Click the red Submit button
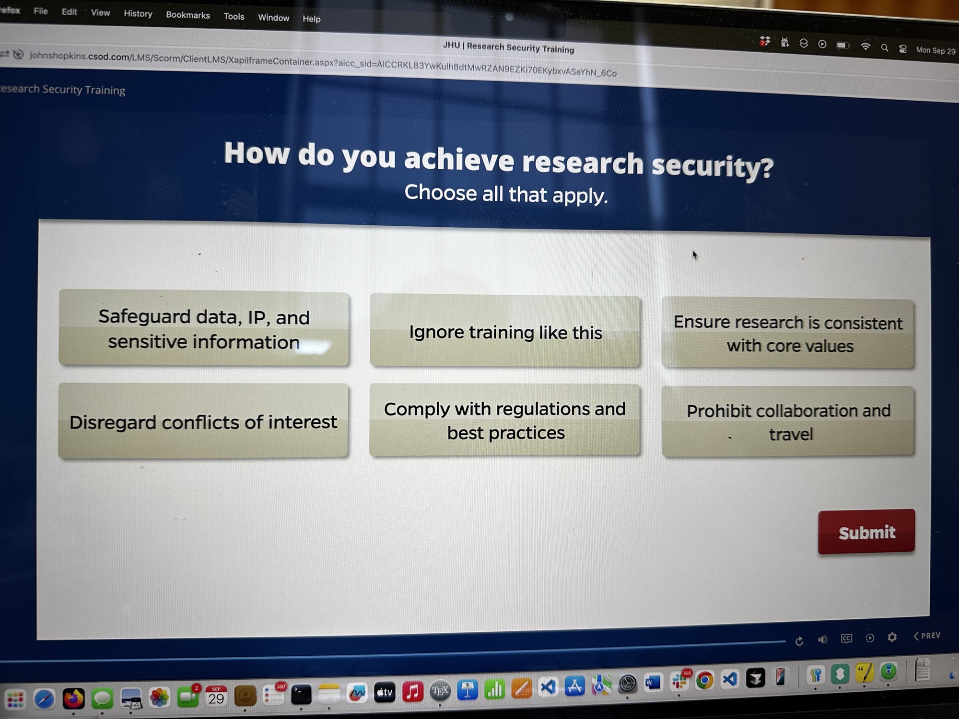(866, 532)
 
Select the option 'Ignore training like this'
(505, 332)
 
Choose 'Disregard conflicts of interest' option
(203, 421)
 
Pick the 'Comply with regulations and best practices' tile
(505, 420)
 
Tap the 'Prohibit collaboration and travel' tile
(788, 422)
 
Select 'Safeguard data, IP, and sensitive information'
(204, 329)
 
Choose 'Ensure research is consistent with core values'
(788, 334)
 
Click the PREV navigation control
(927, 636)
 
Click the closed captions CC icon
(846, 638)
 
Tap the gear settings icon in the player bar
(892, 637)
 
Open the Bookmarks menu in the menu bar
(188, 15)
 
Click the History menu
(138, 13)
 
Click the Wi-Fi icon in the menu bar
(865, 46)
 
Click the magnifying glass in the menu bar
(885, 48)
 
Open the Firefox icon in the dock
(73, 698)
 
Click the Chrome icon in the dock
(704, 680)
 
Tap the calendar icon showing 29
(216, 696)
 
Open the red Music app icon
(412, 692)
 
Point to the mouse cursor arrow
(694, 255)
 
